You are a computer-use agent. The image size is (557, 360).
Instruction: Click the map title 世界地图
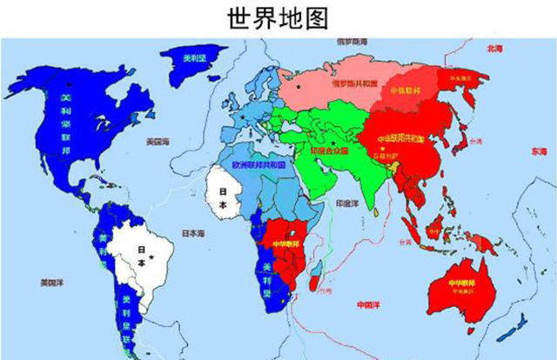coord(278,17)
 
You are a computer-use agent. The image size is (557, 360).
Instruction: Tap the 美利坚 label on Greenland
coord(194,58)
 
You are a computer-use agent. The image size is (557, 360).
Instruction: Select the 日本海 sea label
coord(193,233)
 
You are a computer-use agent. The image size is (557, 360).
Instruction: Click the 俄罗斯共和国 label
coord(357,83)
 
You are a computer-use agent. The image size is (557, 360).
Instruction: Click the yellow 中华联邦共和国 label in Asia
coord(400,139)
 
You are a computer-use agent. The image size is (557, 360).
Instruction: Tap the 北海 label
coord(496,49)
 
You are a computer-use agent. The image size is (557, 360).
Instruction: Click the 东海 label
coord(528,151)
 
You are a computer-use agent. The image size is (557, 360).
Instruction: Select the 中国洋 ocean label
coord(367,305)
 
